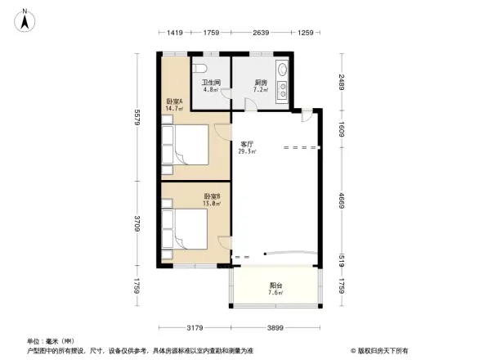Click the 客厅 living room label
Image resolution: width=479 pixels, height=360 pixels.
(x=246, y=143)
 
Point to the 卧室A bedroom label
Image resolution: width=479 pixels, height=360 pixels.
(x=173, y=101)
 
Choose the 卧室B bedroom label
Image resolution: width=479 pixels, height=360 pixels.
(x=211, y=196)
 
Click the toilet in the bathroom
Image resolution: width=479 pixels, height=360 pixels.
(x=205, y=69)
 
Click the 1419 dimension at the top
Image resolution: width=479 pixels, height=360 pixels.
(x=174, y=32)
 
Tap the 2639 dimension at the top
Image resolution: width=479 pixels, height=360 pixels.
(x=261, y=32)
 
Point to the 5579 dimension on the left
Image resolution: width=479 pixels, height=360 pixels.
(x=140, y=118)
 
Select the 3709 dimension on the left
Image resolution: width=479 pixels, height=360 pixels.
(x=140, y=223)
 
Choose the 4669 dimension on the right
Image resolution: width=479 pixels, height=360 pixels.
(x=342, y=197)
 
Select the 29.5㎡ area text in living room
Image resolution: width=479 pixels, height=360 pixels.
(x=246, y=151)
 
